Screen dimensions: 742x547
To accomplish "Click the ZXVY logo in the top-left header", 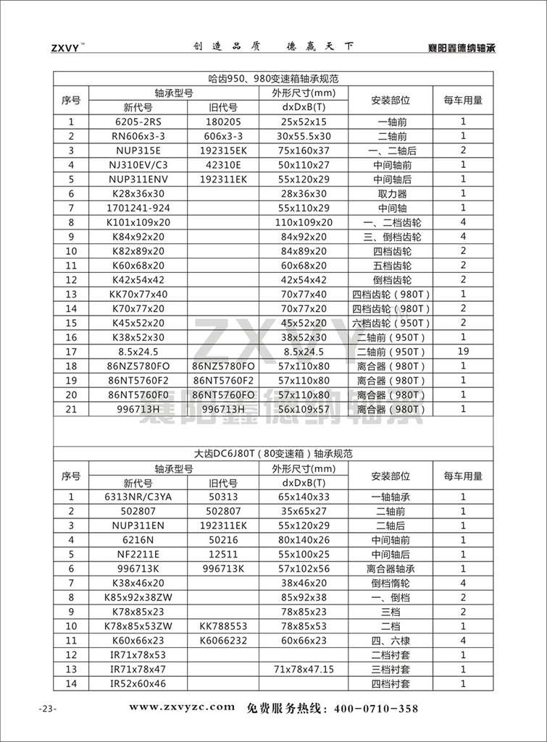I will [x=67, y=49].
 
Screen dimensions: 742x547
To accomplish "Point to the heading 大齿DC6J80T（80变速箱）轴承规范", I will [x=273, y=455].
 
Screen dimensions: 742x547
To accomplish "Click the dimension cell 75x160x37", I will [x=304, y=150].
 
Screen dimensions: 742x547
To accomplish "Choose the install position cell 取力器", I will [x=391, y=193].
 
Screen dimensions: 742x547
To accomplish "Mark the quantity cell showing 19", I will [x=463, y=351].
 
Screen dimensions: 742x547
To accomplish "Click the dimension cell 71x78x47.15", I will [x=304, y=669].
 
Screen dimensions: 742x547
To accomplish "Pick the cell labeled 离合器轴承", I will [x=391, y=568].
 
